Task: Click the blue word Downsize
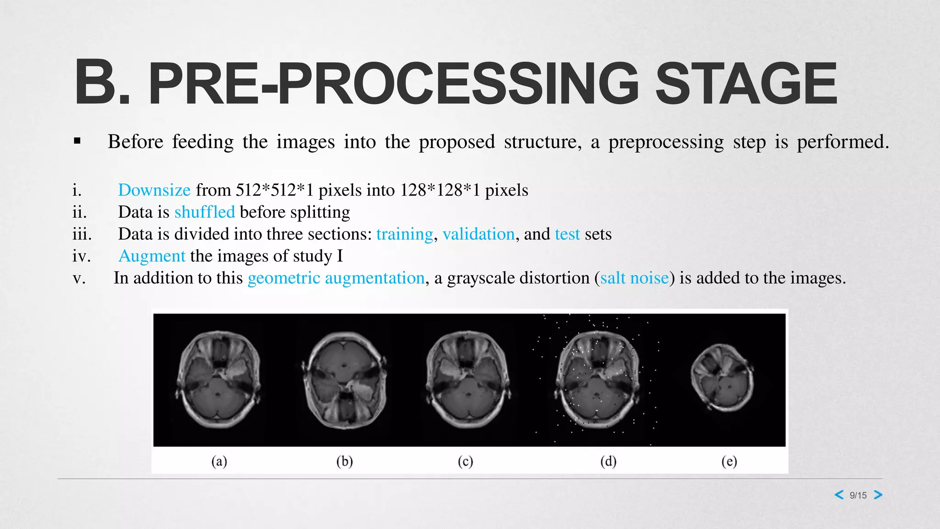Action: click(154, 190)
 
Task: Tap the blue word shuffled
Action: click(205, 212)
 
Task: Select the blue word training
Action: click(404, 234)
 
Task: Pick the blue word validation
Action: click(478, 234)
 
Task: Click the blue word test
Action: click(567, 234)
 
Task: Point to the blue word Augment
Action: click(152, 256)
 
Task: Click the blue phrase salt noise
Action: click(634, 278)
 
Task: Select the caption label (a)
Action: click(219, 461)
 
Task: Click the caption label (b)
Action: click(345, 461)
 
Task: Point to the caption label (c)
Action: click(465, 461)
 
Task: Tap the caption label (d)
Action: click(609, 461)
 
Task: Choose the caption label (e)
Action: click(729, 461)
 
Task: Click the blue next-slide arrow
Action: click(878, 495)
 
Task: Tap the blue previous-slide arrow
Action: click(839, 495)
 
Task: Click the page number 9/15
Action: click(858, 495)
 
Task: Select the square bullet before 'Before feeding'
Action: click(77, 141)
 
